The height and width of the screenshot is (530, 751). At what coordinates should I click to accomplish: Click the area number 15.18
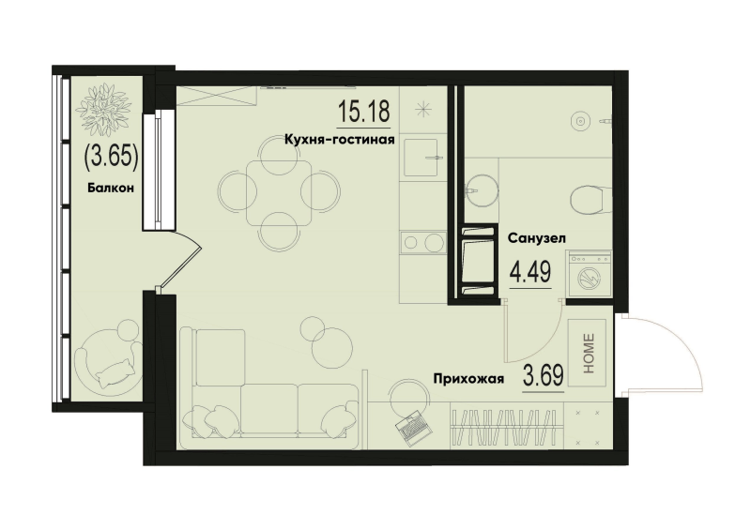pos(363,114)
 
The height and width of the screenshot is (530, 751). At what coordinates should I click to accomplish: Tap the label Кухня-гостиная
pos(339,140)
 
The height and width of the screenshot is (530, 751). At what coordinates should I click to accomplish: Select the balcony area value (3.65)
pos(112,154)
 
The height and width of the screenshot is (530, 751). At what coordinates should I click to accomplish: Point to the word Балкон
pos(111,188)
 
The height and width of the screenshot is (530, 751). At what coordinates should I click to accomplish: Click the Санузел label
pos(535,238)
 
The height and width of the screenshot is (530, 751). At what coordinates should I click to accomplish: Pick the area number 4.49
pos(529,272)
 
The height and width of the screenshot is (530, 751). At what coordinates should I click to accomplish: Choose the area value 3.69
pos(542,378)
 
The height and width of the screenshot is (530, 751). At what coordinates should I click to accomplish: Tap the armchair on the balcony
pos(107,361)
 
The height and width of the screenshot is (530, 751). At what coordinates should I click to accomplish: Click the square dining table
pos(279,190)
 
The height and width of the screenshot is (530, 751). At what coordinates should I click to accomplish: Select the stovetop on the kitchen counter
pos(421,243)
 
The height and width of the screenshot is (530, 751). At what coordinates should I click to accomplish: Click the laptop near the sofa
pos(414,429)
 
